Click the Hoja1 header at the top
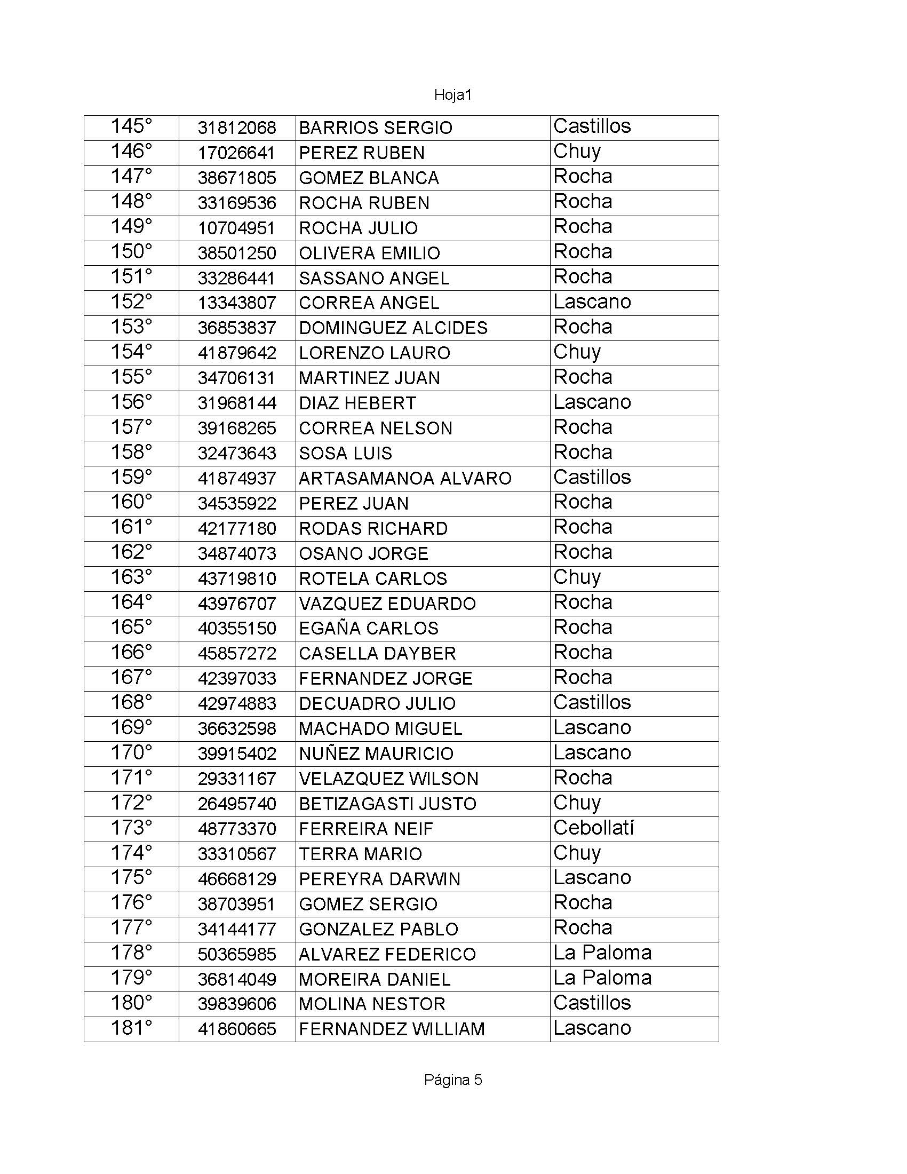pyautogui.click(x=452, y=95)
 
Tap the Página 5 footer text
pyautogui.click(x=452, y=1080)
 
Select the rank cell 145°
pyautogui.click(x=131, y=127)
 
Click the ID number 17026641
pyautogui.click(x=236, y=153)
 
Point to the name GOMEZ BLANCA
pyautogui.click(x=369, y=178)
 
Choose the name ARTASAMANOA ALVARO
pyautogui.click(x=405, y=479)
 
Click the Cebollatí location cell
pyautogui.click(x=593, y=828)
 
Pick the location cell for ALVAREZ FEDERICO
pyautogui.click(x=602, y=953)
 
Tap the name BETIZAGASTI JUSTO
pyautogui.click(x=387, y=804)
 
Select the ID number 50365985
pyautogui.click(x=236, y=954)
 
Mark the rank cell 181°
pyautogui.click(x=131, y=1028)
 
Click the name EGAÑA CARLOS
pyautogui.click(x=369, y=628)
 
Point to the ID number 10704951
pyautogui.click(x=236, y=228)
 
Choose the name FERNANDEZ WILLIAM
pyautogui.click(x=392, y=1029)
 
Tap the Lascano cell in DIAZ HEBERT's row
pyautogui.click(x=592, y=402)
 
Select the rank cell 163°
pyautogui.click(x=131, y=577)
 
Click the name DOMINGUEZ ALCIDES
pyautogui.click(x=393, y=328)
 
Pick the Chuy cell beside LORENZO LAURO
pyautogui.click(x=577, y=352)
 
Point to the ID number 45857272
pyautogui.click(x=236, y=653)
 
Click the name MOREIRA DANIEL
pyautogui.click(x=375, y=979)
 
